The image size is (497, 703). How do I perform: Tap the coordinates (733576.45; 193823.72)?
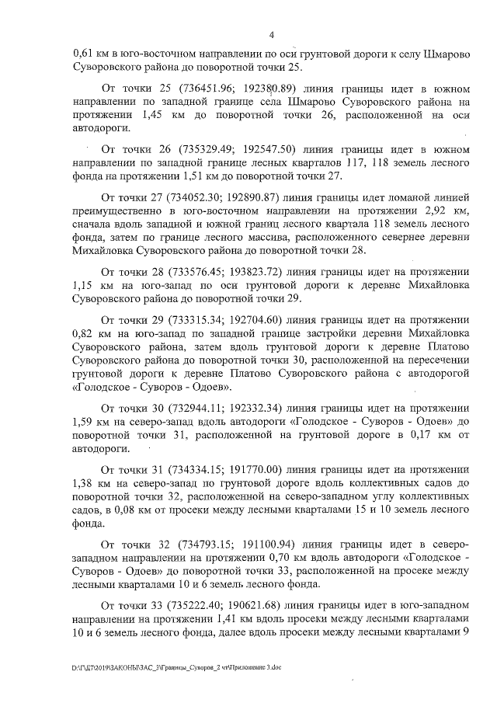[233, 272]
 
